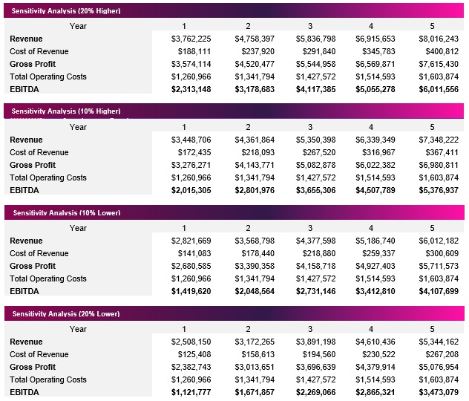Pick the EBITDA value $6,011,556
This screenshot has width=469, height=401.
[439, 89]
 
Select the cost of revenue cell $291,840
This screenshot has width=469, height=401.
[315, 51]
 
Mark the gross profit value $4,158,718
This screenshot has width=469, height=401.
[315, 266]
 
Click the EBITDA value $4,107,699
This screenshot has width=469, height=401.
[439, 291]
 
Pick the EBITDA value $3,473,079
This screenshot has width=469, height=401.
[439, 392]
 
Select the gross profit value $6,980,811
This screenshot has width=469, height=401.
[439, 165]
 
